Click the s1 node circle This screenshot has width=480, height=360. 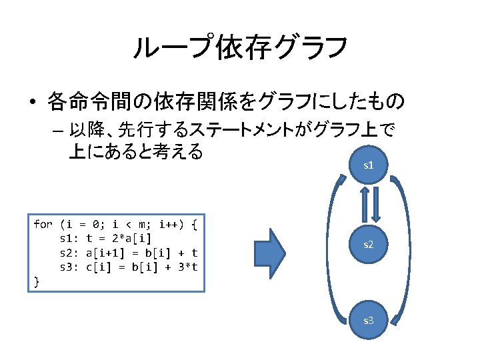point(367,164)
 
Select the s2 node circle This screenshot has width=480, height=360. point(367,245)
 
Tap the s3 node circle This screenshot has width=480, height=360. point(367,321)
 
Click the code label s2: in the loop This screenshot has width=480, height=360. point(70,253)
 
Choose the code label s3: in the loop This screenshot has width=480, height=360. point(70,268)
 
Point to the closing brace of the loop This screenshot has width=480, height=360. point(37,283)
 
